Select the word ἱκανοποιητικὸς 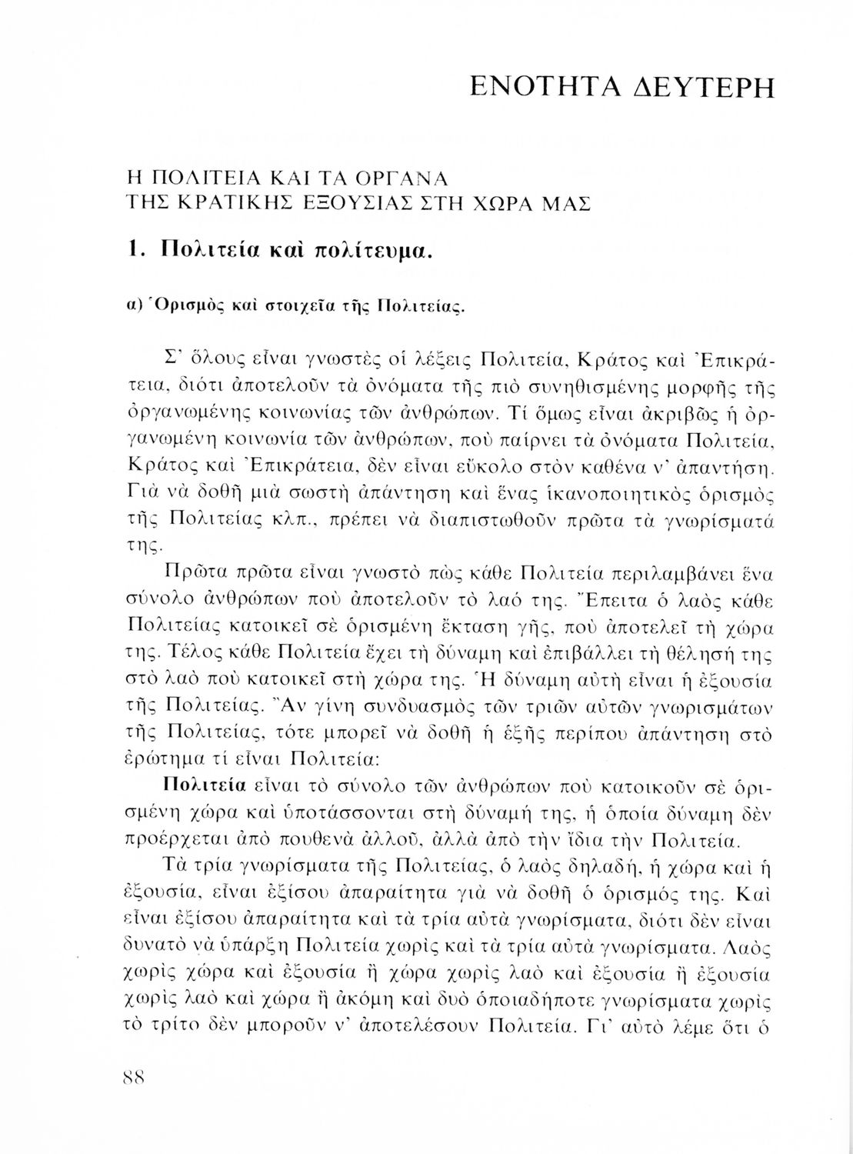598,491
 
